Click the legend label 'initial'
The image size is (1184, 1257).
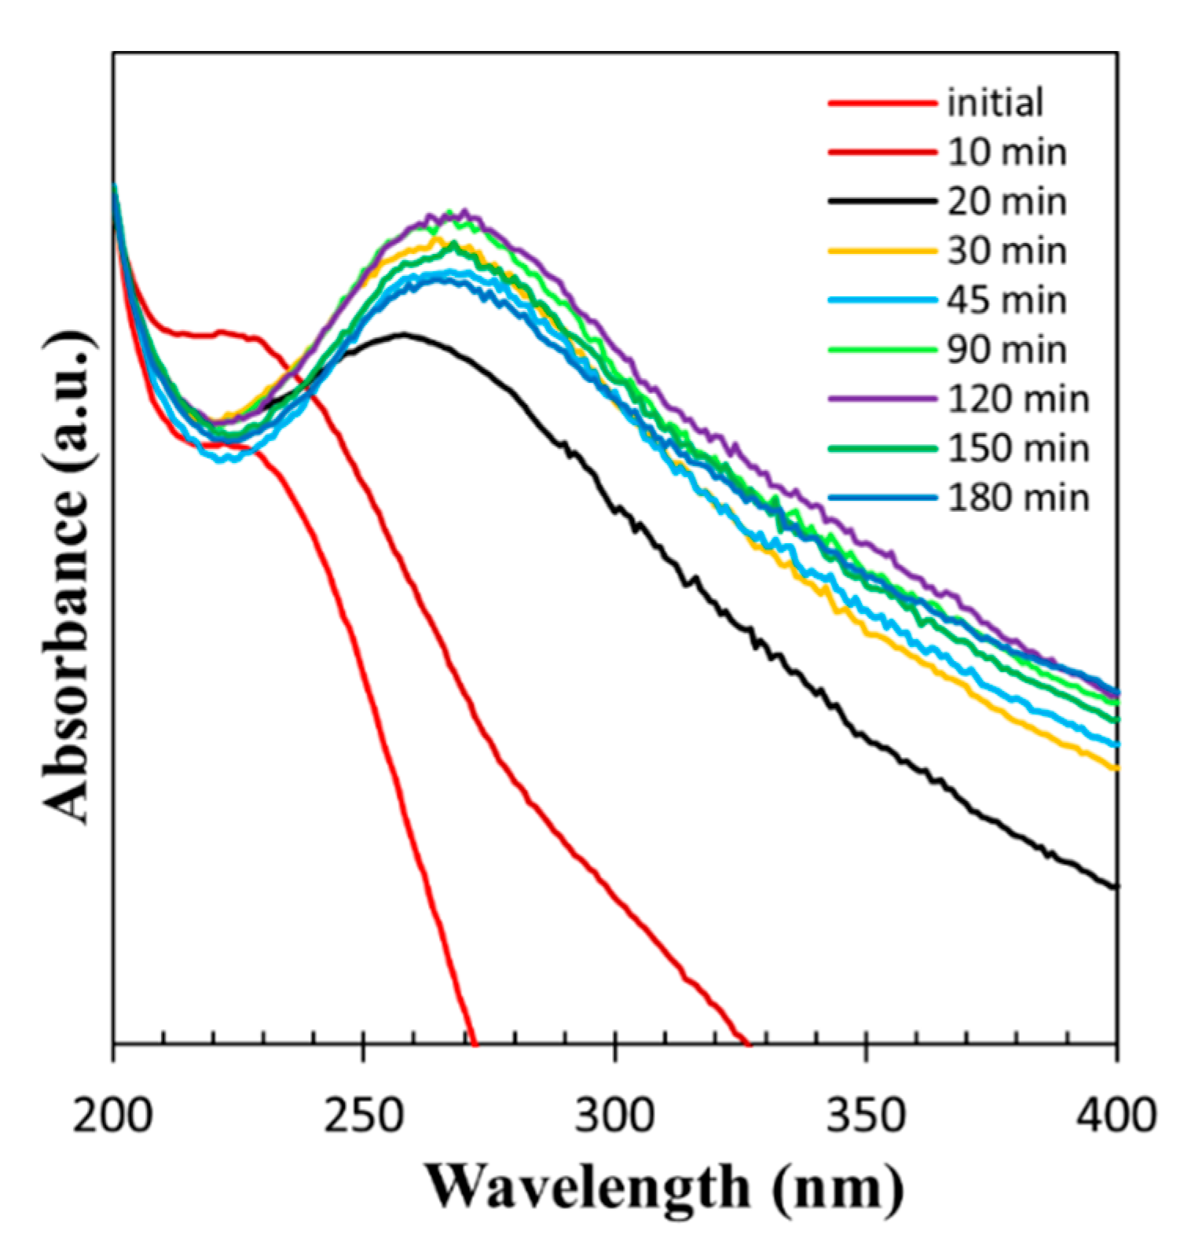point(995,103)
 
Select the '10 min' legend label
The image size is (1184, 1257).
point(1006,153)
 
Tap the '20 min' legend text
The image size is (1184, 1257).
point(1006,202)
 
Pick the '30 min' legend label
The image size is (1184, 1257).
point(1006,252)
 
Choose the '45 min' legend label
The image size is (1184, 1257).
point(1006,301)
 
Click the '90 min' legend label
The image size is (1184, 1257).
point(1006,351)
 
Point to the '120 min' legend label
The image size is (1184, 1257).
point(1018,400)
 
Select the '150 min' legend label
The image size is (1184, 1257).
point(1018,450)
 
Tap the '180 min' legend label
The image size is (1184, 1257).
point(1018,499)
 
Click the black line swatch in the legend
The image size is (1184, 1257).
point(882,202)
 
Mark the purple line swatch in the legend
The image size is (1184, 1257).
point(882,400)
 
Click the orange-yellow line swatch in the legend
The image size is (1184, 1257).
point(882,252)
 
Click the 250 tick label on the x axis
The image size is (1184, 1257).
point(364,1115)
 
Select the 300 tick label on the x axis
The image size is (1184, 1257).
point(614,1115)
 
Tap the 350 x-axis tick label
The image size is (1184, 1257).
point(866,1115)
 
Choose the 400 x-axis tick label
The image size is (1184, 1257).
point(1116,1115)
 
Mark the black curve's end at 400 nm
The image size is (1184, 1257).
point(1115,888)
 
